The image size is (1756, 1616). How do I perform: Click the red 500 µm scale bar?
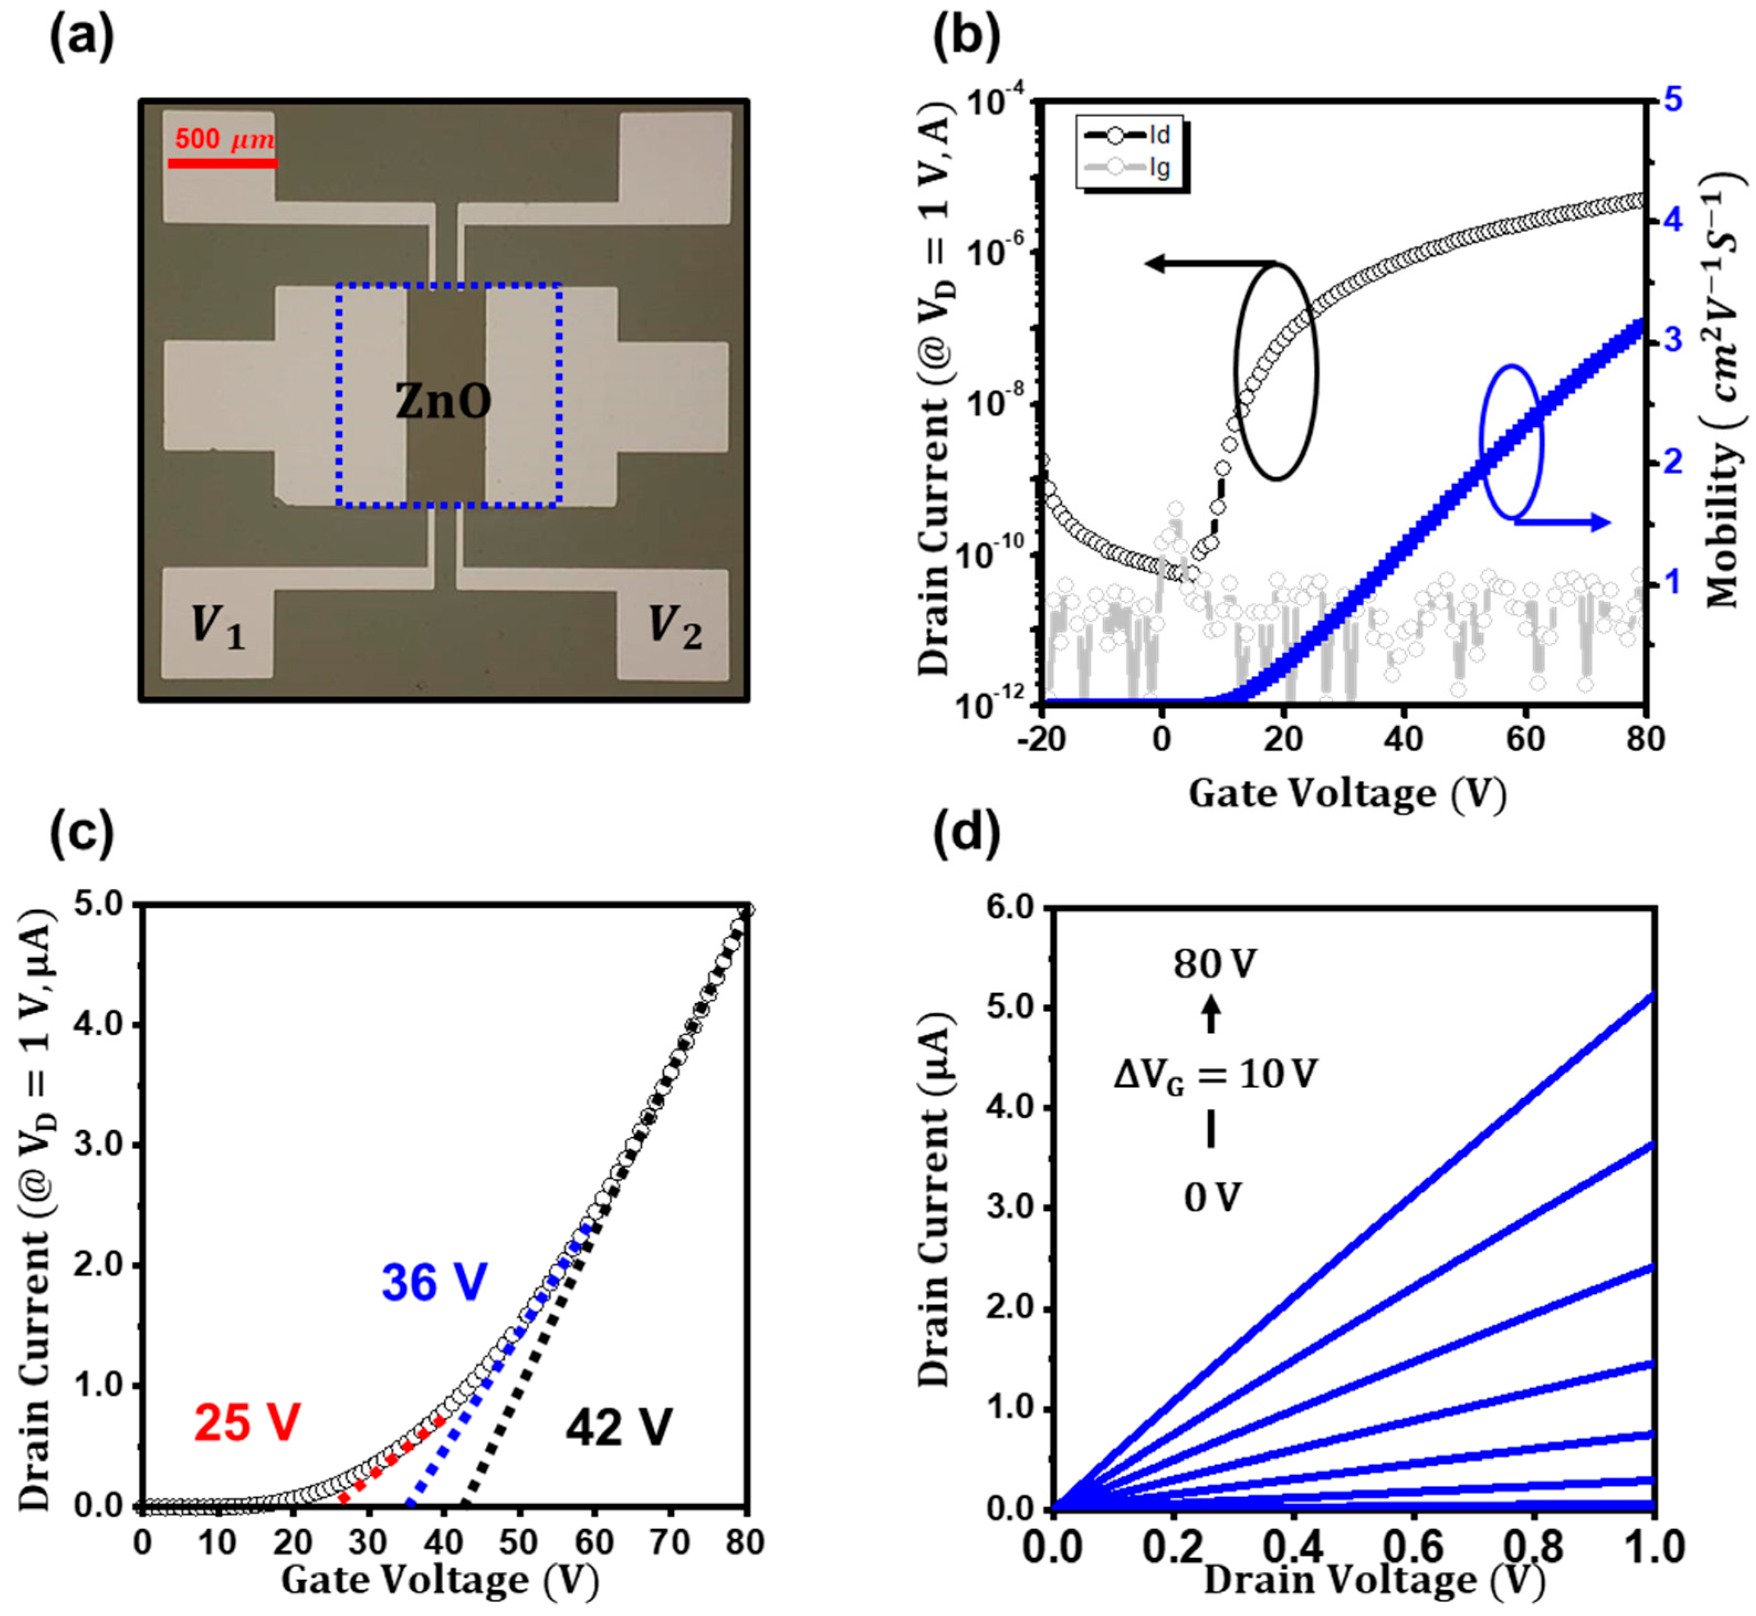pyautogui.click(x=222, y=162)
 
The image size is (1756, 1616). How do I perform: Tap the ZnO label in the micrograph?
pyautogui.click(x=443, y=401)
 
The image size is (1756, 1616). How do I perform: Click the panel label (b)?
pyautogui.click(x=966, y=39)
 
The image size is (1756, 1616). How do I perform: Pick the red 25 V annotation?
pyautogui.click(x=248, y=1422)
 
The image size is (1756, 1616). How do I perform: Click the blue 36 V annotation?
pyautogui.click(x=434, y=1283)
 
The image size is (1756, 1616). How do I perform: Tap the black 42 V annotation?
pyautogui.click(x=619, y=1429)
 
